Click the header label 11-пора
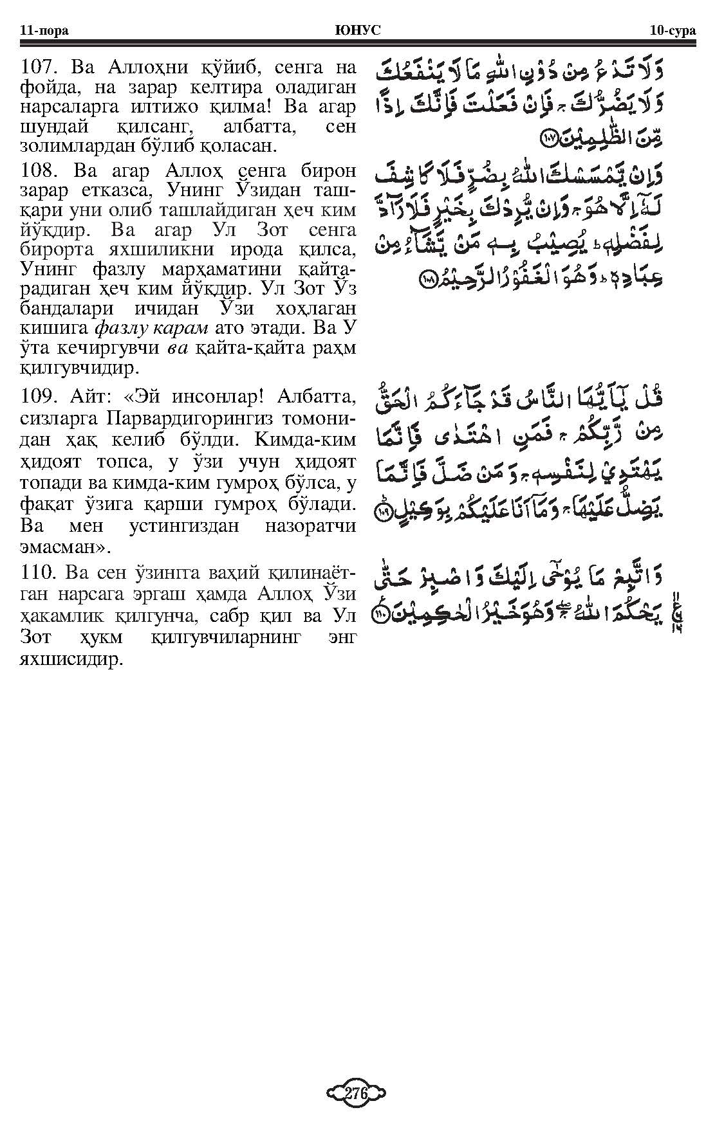pos(44,30)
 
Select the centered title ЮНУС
pos(358,30)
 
